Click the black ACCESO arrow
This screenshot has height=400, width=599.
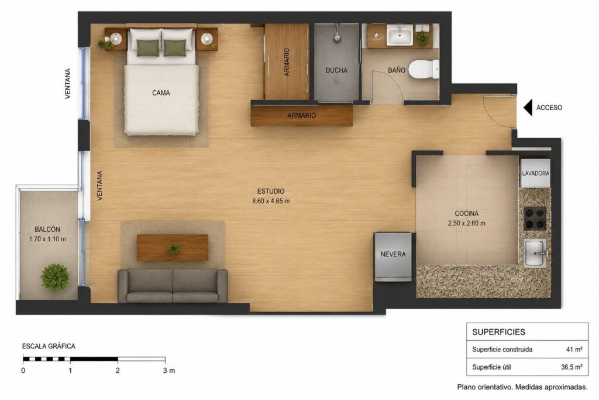[x=528, y=107]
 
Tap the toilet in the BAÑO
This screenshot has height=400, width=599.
[x=424, y=69]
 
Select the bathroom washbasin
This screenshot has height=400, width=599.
[x=400, y=36]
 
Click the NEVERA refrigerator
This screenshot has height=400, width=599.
[x=393, y=257]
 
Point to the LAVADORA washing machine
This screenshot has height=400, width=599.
[x=535, y=173]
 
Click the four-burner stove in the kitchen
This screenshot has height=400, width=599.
[x=535, y=218]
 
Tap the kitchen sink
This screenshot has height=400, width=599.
[x=535, y=253]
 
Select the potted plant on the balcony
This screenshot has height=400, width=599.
[x=55, y=277]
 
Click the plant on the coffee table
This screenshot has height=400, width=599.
[x=173, y=249]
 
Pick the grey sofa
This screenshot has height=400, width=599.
[x=173, y=286]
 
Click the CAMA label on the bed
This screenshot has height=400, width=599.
[x=161, y=93]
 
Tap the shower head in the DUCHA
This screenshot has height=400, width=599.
[x=336, y=38]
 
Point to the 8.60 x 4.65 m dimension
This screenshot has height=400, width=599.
[x=271, y=201]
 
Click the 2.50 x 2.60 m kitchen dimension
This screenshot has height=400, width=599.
[x=466, y=223]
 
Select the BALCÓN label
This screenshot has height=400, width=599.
[x=47, y=230]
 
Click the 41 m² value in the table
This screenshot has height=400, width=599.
[x=574, y=349]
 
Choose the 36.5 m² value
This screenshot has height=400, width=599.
[x=572, y=367]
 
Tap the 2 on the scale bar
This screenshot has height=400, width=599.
[x=118, y=371]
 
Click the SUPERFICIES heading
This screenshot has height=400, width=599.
[x=498, y=332]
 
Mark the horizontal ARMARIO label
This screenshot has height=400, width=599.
[x=302, y=115]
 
